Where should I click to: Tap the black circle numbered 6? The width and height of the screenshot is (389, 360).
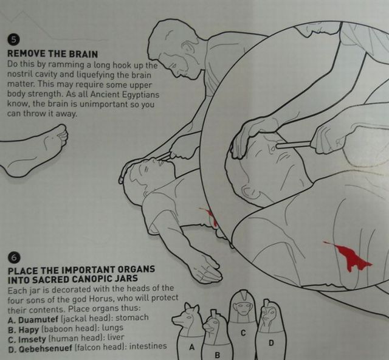tap(14, 258)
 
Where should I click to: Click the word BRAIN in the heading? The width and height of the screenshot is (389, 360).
tap(83, 54)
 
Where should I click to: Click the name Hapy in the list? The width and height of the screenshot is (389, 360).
tap(29, 330)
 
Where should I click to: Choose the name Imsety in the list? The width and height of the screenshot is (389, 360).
tap(32, 339)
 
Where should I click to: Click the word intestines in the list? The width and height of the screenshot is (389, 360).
tap(148, 346)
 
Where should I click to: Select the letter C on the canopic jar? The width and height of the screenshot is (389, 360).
tap(243, 333)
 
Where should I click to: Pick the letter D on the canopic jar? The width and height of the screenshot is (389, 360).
tap(271, 343)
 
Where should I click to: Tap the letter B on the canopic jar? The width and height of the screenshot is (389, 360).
tap(217, 355)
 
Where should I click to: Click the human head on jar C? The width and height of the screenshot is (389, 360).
tap(242, 307)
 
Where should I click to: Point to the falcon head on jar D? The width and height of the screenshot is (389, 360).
tap(269, 316)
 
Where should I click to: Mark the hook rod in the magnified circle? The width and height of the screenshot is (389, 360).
tap(294, 144)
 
